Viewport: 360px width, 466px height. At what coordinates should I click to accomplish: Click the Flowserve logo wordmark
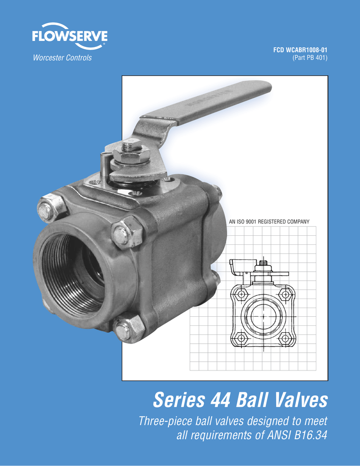[70, 36]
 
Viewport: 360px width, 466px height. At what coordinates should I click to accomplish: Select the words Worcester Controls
[61, 58]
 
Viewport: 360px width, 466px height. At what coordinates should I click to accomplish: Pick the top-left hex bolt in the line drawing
[241, 294]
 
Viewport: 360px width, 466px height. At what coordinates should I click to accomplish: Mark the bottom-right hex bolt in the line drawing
[285, 338]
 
